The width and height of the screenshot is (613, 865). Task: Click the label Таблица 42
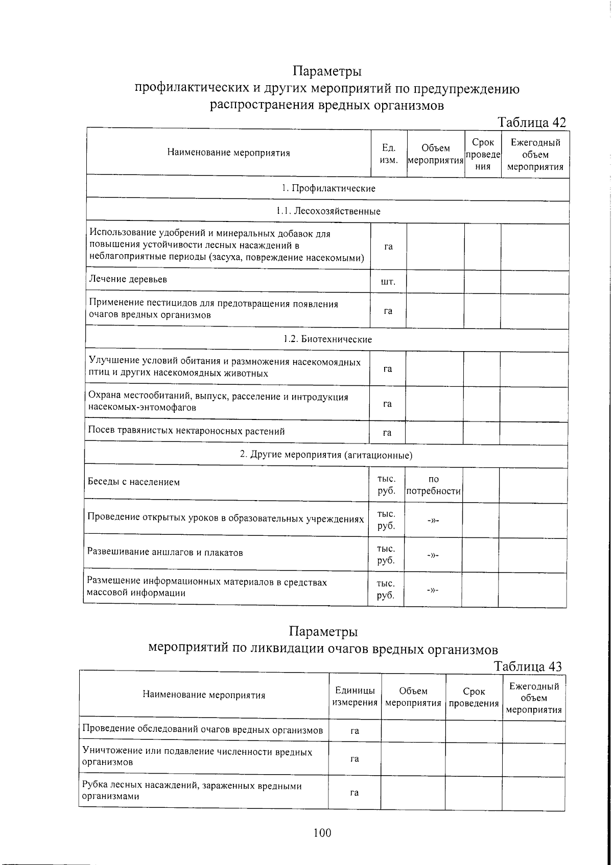click(532, 122)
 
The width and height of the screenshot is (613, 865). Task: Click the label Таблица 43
click(528, 666)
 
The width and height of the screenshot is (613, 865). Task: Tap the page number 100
click(322, 833)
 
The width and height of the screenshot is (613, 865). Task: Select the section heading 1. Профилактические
click(328, 188)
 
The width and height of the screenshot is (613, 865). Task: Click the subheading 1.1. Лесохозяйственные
click(328, 211)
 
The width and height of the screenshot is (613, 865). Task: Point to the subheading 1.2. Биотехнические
click(327, 339)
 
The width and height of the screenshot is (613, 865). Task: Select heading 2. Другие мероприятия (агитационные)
click(326, 455)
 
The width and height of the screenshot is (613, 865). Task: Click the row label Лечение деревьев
click(128, 279)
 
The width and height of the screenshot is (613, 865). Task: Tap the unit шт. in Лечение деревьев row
click(388, 282)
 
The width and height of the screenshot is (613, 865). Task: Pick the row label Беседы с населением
click(134, 482)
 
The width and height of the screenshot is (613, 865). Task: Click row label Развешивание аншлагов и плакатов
click(165, 552)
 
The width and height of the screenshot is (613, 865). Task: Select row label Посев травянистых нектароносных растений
click(186, 431)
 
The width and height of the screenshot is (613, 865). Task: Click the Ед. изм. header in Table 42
click(389, 154)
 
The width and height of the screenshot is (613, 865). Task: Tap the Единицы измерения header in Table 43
click(355, 696)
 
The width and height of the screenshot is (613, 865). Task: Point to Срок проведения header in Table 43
click(474, 697)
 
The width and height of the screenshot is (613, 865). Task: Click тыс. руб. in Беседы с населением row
click(386, 485)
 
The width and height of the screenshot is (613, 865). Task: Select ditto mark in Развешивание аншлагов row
click(433, 555)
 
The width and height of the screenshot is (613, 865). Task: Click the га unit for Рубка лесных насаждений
click(354, 793)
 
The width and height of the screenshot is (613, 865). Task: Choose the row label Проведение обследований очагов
click(203, 730)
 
